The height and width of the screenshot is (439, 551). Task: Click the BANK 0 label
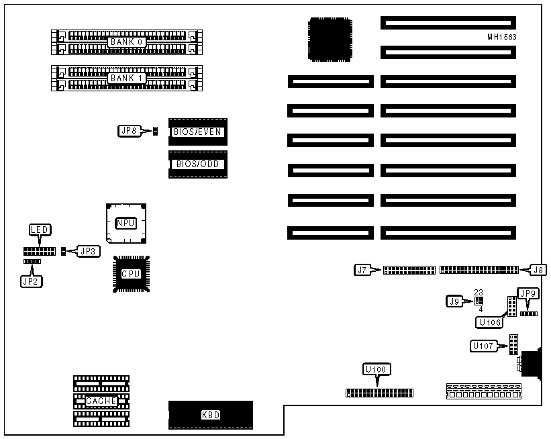[127, 42]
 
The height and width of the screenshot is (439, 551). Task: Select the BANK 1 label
[127, 78]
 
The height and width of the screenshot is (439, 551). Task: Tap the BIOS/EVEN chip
[198, 132]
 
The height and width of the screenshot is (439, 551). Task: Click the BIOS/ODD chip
[198, 164]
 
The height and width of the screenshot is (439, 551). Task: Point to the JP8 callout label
[129, 132]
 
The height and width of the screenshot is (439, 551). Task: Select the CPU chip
[131, 273]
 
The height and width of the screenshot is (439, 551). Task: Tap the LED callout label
[38, 230]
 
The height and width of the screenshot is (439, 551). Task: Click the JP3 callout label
[89, 251]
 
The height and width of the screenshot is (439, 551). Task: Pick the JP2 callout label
[31, 281]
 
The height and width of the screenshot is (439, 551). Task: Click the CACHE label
[101, 401]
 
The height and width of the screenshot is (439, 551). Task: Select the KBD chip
[211, 415]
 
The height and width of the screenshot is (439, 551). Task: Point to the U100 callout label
[377, 369]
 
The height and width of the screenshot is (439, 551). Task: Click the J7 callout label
[362, 270]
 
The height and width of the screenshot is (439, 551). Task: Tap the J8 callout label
[538, 270]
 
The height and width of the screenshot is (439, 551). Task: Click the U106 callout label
[489, 322]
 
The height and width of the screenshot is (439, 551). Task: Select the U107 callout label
[485, 347]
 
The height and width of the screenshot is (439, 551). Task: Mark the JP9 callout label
[528, 293]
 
